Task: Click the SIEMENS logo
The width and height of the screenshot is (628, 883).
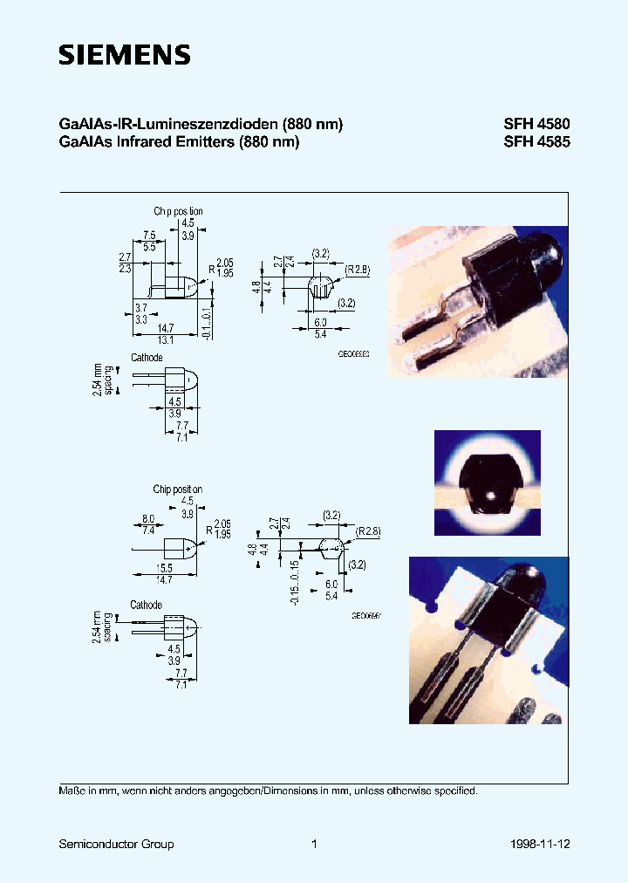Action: click(124, 55)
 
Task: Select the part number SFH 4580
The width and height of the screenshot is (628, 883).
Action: click(536, 125)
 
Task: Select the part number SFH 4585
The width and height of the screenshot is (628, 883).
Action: click(536, 142)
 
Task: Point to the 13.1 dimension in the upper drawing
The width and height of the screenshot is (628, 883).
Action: click(166, 339)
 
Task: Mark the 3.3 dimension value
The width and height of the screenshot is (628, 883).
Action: click(140, 320)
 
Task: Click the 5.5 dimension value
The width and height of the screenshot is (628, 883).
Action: click(150, 247)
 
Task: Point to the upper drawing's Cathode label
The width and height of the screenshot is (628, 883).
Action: click(147, 358)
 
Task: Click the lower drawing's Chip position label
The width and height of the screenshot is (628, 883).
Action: click(178, 489)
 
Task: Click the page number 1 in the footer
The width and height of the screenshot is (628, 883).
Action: click(314, 844)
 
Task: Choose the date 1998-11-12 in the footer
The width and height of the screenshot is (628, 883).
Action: click(539, 844)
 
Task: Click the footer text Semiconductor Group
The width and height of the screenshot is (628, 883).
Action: click(116, 844)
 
